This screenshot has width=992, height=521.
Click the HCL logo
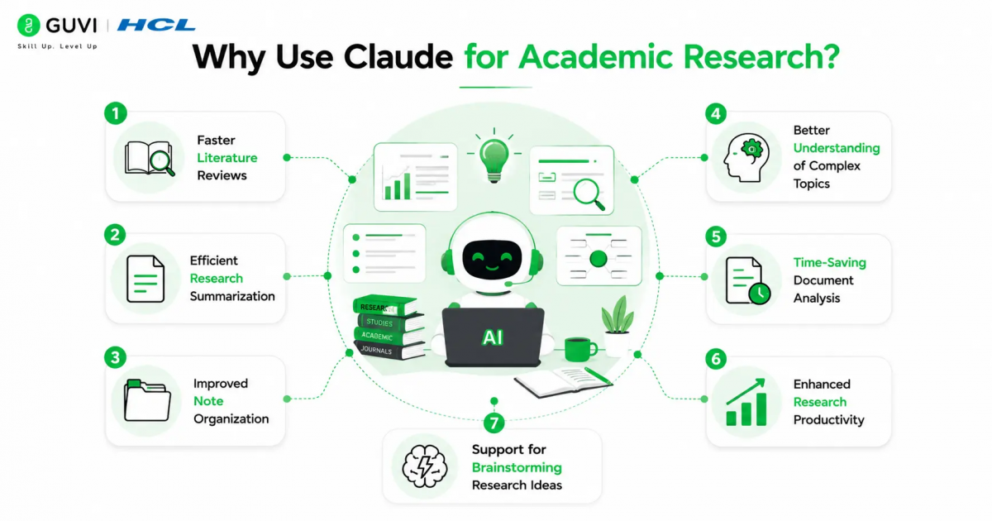tap(156, 25)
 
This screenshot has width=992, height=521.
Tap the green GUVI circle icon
tap(28, 25)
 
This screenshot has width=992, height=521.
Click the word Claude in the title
tap(398, 57)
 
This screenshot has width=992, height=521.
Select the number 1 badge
tap(116, 113)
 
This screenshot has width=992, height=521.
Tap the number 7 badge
tap(494, 423)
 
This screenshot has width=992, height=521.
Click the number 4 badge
tap(716, 114)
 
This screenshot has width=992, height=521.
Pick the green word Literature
tap(227, 158)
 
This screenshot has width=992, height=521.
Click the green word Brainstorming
tap(517, 467)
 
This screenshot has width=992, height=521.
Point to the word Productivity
tap(828, 420)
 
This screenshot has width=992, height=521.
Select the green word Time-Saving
tap(829, 262)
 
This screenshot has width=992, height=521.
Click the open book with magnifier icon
tap(150, 158)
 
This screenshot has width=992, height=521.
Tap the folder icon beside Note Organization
tap(147, 400)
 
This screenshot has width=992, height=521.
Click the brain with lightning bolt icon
tap(424, 466)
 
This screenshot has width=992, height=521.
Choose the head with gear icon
tap(746, 158)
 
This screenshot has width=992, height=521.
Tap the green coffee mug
tap(580, 350)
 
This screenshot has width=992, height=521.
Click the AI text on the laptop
tap(493, 337)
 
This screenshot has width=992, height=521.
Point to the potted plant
tap(617, 326)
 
